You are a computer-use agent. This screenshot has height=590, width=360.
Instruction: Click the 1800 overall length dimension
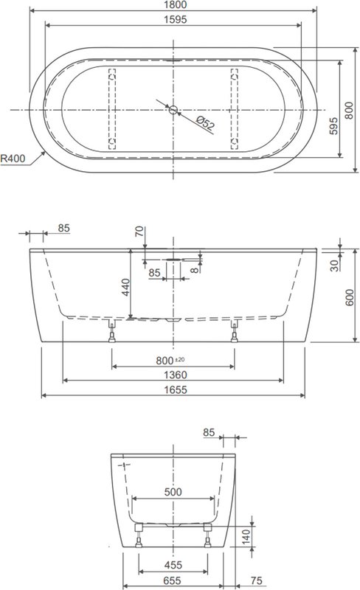pyautogui.click(x=175, y=4)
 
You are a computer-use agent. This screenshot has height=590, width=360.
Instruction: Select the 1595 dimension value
pyautogui.click(x=175, y=19)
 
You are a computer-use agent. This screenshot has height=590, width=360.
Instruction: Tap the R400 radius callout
pyautogui.click(x=13, y=159)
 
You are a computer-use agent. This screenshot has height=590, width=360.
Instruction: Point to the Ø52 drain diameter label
pyautogui.click(x=205, y=123)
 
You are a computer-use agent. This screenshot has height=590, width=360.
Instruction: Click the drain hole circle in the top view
pyautogui.click(x=173, y=110)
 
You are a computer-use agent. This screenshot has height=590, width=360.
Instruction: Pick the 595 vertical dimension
pyautogui.click(x=333, y=125)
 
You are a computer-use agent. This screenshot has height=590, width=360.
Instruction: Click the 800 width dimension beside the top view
pyautogui.click(x=349, y=110)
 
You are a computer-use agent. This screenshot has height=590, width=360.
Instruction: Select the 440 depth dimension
pyautogui.click(x=125, y=287)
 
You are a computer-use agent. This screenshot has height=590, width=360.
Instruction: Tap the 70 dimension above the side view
pyautogui.click(x=139, y=231)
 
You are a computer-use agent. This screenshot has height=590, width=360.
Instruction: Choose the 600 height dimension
pyautogui.click(x=349, y=297)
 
